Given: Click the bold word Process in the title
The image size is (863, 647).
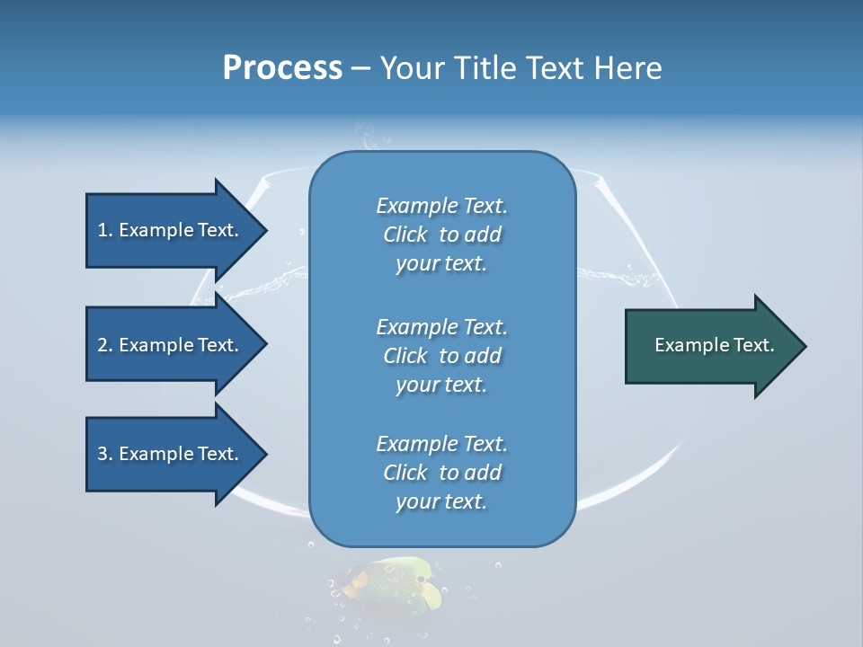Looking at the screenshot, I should click(x=282, y=68).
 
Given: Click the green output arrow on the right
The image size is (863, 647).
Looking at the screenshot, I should click(x=710, y=346).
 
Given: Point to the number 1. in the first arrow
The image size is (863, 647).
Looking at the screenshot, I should click(x=105, y=230).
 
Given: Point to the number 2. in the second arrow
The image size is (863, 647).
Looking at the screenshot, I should click(x=105, y=345).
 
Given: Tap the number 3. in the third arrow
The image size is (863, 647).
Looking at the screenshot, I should click(x=105, y=454).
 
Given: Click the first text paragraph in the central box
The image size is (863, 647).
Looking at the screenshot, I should click(x=441, y=235).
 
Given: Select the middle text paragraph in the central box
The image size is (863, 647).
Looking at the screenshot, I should click(x=441, y=356).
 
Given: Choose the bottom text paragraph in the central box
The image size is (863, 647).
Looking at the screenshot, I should click(x=441, y=473).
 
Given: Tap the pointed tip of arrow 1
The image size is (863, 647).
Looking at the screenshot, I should click(x=265, y=230).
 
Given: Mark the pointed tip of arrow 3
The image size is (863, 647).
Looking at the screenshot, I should click(x=265, y=454).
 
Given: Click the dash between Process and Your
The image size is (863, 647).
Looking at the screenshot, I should click(x=360, y=68).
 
